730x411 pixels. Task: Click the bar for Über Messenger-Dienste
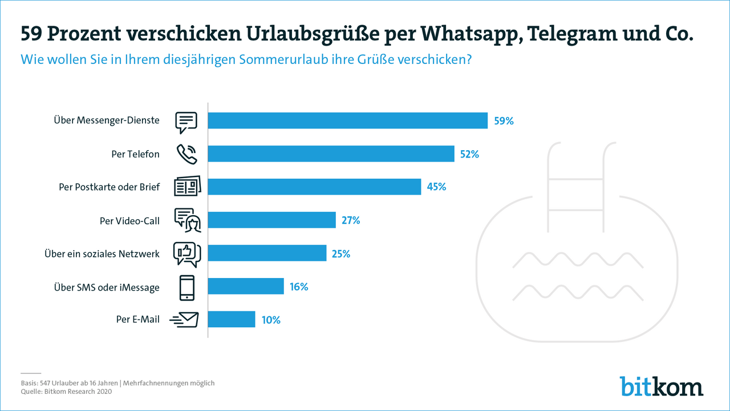click(347, 120)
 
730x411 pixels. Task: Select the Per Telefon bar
click(331, 154)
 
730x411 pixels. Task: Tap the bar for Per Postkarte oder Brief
click(314, 187)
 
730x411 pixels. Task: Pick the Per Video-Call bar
click(271, 220)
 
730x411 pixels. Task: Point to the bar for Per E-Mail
click(231, 319)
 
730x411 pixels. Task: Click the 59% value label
click(505, 121)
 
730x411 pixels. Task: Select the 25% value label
click(340, 253)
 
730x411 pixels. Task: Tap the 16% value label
click(298, 287)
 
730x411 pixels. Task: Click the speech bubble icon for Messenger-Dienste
click(186, 122)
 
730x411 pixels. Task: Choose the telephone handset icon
click(186, 154)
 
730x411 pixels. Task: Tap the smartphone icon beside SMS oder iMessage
click(186, 288)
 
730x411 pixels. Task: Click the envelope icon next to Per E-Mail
click(185, 320)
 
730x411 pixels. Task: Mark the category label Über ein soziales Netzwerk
click(102, 253)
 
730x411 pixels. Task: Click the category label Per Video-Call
click(129, 220)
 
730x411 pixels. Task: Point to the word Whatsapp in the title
click(471, 34)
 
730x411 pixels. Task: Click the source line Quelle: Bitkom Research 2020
click(66, 392)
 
